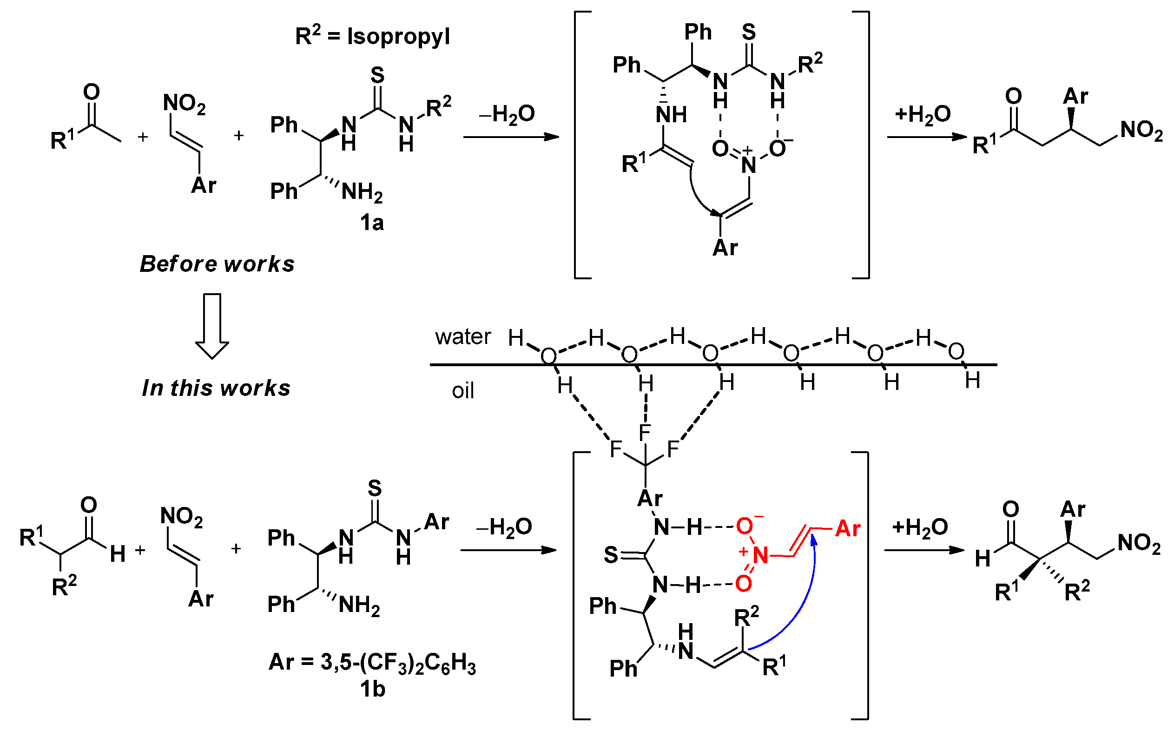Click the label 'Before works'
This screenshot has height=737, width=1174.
[217, 263]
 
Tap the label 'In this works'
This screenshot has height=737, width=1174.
[216, 388]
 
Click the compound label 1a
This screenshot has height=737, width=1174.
[371, 223]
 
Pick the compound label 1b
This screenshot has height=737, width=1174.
[372, 689]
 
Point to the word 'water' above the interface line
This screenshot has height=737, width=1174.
[463, 337]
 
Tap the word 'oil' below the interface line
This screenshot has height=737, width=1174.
[463, 391]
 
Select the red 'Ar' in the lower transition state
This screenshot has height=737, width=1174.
[848, 529]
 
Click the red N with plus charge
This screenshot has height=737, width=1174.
[759, 555]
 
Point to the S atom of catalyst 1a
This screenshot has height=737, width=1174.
[377, 76]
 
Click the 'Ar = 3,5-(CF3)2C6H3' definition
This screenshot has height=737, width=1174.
[372, 663]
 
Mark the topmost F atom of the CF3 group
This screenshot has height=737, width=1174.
[645, 432]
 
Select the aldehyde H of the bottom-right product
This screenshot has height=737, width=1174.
[983, 559]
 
